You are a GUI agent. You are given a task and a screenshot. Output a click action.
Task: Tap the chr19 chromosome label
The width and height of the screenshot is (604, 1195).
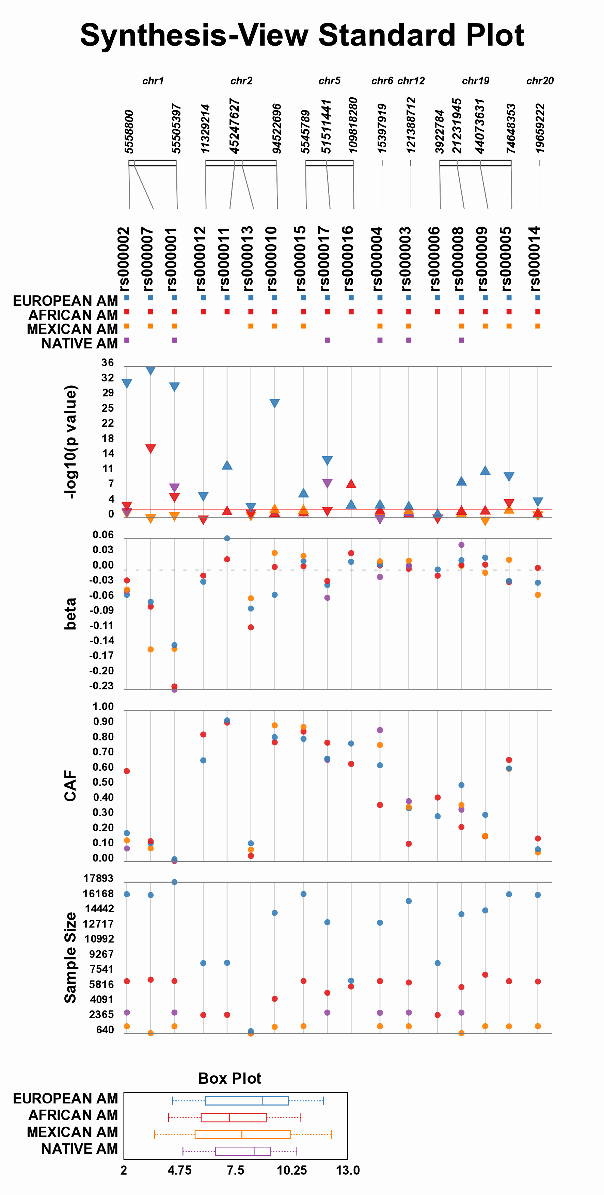click(x=475, y=81)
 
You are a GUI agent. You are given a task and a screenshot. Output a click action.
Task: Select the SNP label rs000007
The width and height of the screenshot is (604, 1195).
click(x=148, y=258)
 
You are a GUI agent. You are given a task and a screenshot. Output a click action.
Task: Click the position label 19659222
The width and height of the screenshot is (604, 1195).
click(x=539, y=129)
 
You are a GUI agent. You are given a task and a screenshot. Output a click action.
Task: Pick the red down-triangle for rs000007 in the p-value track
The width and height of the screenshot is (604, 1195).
click(x=150, y=448)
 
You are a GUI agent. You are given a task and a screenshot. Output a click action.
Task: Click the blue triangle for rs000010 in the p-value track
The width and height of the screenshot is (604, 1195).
click(x=275, y=403)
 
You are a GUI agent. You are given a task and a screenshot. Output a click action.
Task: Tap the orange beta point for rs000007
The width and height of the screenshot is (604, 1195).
click(x=150, y=650)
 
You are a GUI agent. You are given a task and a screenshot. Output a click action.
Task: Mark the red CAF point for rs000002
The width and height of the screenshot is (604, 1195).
click(x=127, y=771)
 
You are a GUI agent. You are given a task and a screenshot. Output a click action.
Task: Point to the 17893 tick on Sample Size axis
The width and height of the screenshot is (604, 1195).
click(x=98, y=878)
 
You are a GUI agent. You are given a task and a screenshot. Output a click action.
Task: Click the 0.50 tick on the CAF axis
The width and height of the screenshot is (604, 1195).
click(x=103, y=782)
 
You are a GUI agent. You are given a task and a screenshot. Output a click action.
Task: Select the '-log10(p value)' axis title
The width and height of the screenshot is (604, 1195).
click(x=70, y=442)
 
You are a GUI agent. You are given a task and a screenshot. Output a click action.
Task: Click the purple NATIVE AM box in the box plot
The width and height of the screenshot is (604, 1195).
click(x=243, y=1151)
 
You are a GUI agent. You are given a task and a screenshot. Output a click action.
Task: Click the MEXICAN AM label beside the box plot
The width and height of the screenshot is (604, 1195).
click(x=73, y=1132)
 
